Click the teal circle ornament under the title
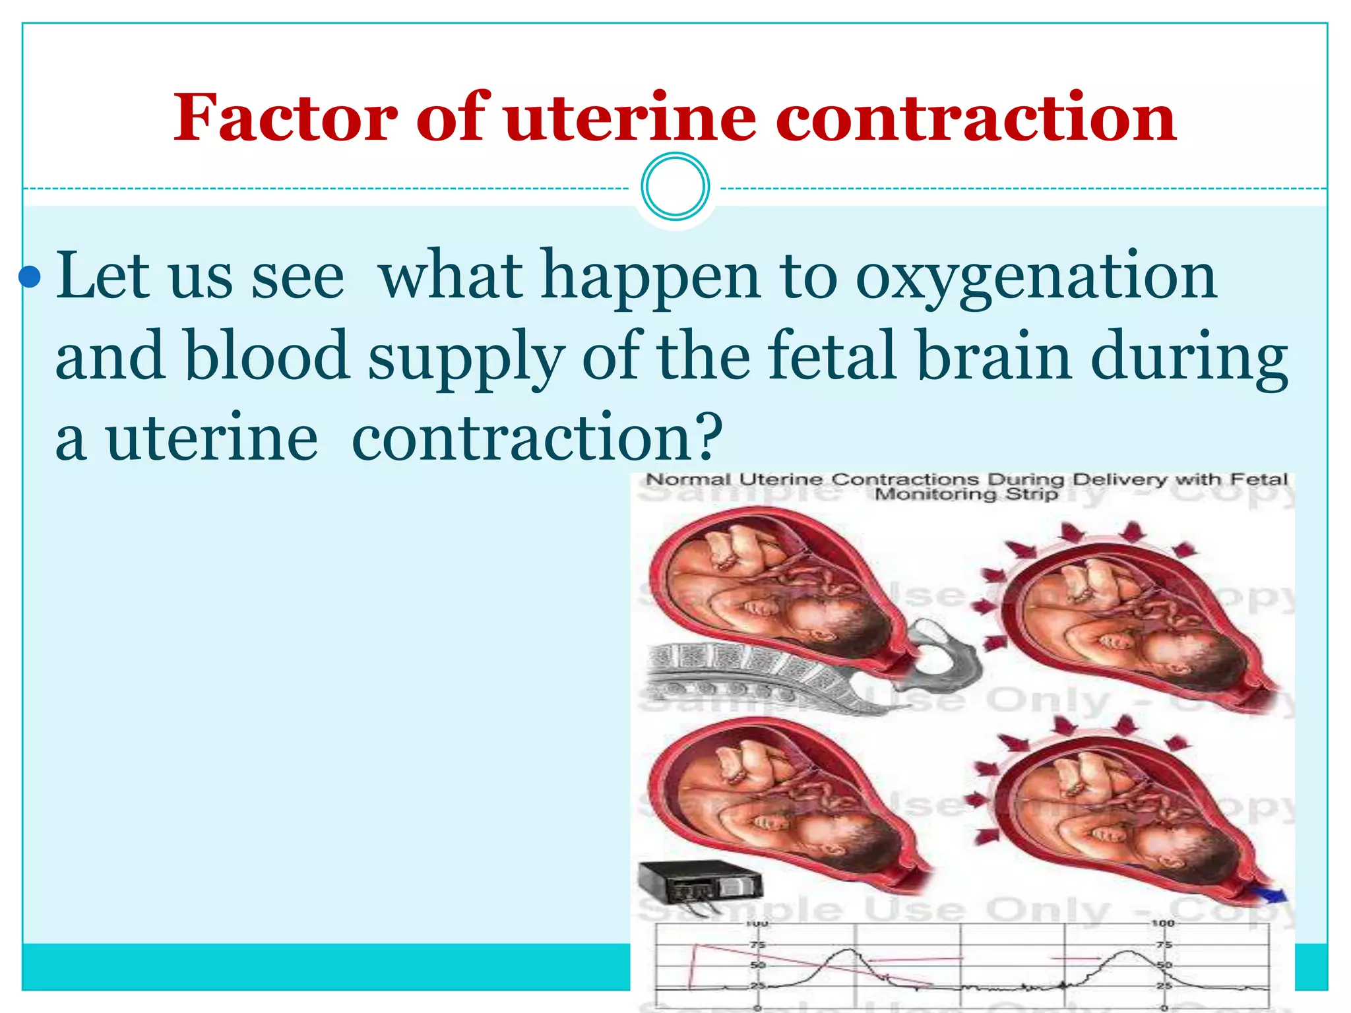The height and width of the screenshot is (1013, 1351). pos(675,187)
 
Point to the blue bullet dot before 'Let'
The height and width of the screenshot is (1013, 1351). pos(30,278)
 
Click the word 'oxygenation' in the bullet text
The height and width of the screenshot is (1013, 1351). pos(1036,277)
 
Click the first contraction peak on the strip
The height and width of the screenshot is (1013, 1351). pos(848,951)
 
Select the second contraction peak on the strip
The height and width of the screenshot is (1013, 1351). pos(1129,952)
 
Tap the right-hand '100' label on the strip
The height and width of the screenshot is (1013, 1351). pos(1162,923)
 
